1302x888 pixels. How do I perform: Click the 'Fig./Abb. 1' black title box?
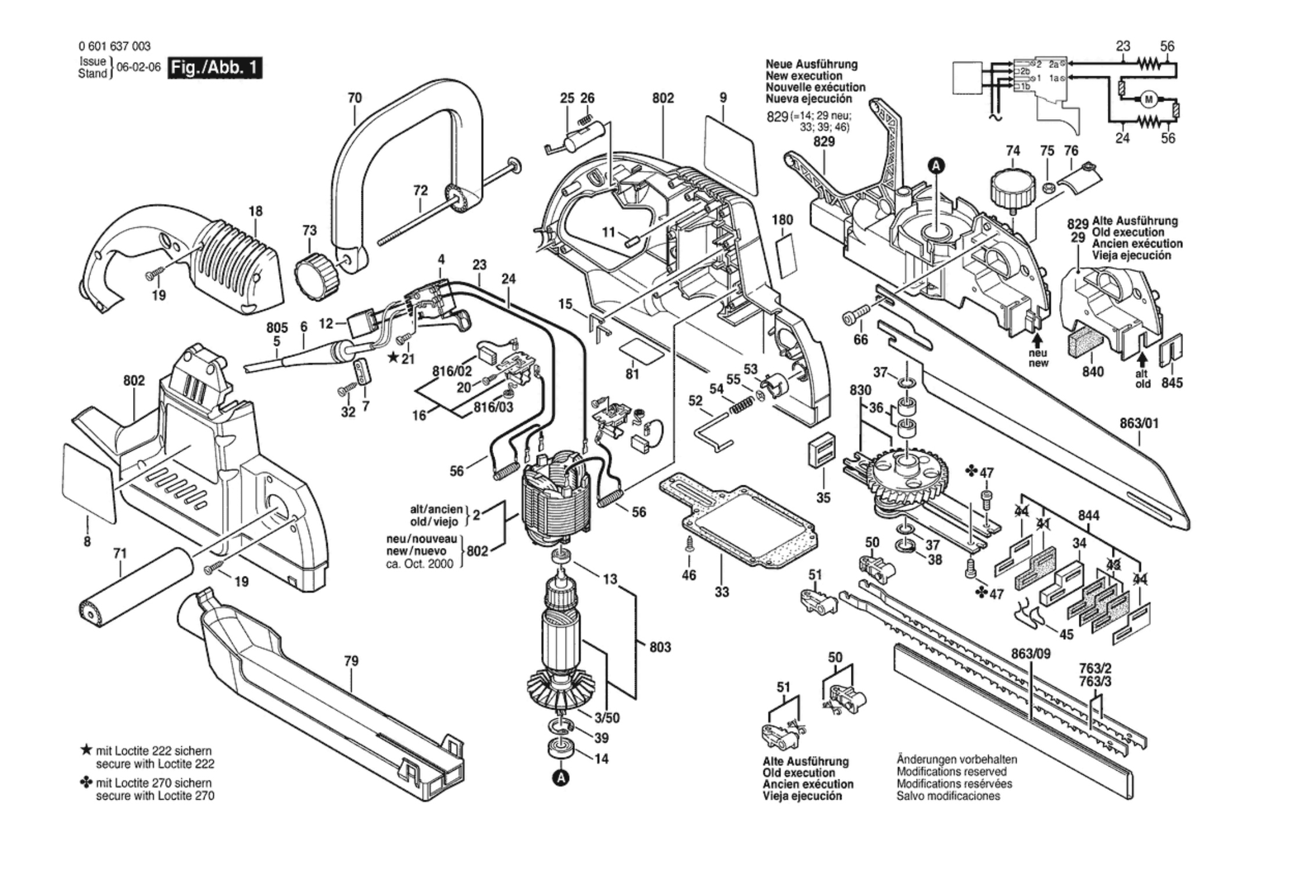click(x=214, y=67)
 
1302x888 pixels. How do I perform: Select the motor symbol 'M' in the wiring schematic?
click(x=1148, y=99)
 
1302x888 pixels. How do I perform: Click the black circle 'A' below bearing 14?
click(x=561, y=778)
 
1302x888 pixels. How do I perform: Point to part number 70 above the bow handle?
click(x=355, y=98)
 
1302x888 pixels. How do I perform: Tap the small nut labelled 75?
click(x=1049, y=187)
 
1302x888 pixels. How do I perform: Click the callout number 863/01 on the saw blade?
click(x=1139, y=424)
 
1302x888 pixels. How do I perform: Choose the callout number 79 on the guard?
click(x=351, y=661)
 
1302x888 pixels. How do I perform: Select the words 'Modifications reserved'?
click(x=952, y=772)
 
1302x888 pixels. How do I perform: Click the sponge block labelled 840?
click(x=1082, y=341)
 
